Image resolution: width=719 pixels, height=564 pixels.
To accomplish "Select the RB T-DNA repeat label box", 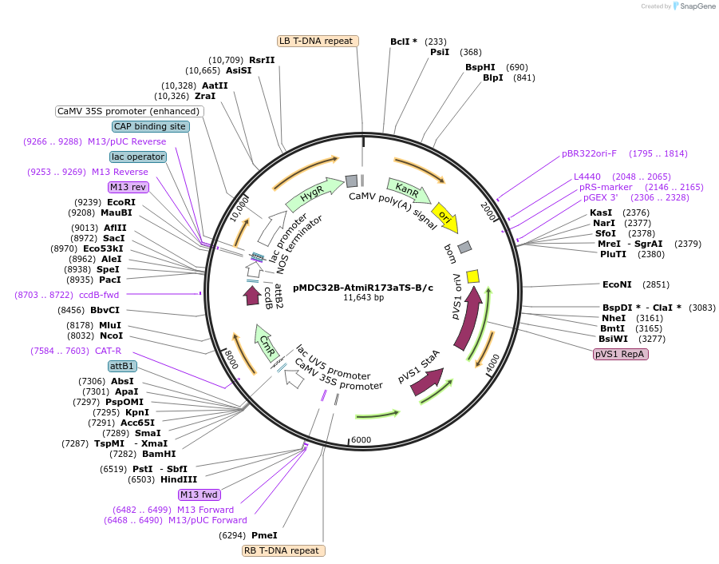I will [x=283, y=550].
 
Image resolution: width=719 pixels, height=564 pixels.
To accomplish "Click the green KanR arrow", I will [x=409, y=191].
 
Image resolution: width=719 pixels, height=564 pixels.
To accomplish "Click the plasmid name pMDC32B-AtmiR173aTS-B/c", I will [x=363, y=288].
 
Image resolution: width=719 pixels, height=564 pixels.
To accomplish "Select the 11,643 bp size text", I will [x=363, y=298].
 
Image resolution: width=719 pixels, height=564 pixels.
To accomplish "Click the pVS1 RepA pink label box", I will [x=620, y=355].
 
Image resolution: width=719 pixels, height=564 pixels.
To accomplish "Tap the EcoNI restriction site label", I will [x=617, y=284].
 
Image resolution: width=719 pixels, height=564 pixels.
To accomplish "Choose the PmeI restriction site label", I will [x=264, y=535].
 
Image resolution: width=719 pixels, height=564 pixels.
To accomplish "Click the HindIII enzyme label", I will [x=178, y=479].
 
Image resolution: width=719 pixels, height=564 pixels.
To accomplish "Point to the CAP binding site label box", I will [x=150, y=126].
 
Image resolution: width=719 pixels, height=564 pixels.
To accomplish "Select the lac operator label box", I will [x=138, y=157].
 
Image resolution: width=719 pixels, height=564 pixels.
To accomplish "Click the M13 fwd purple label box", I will [x=199, y=494].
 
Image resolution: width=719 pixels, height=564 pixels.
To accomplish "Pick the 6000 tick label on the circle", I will [x=361, y=440].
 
